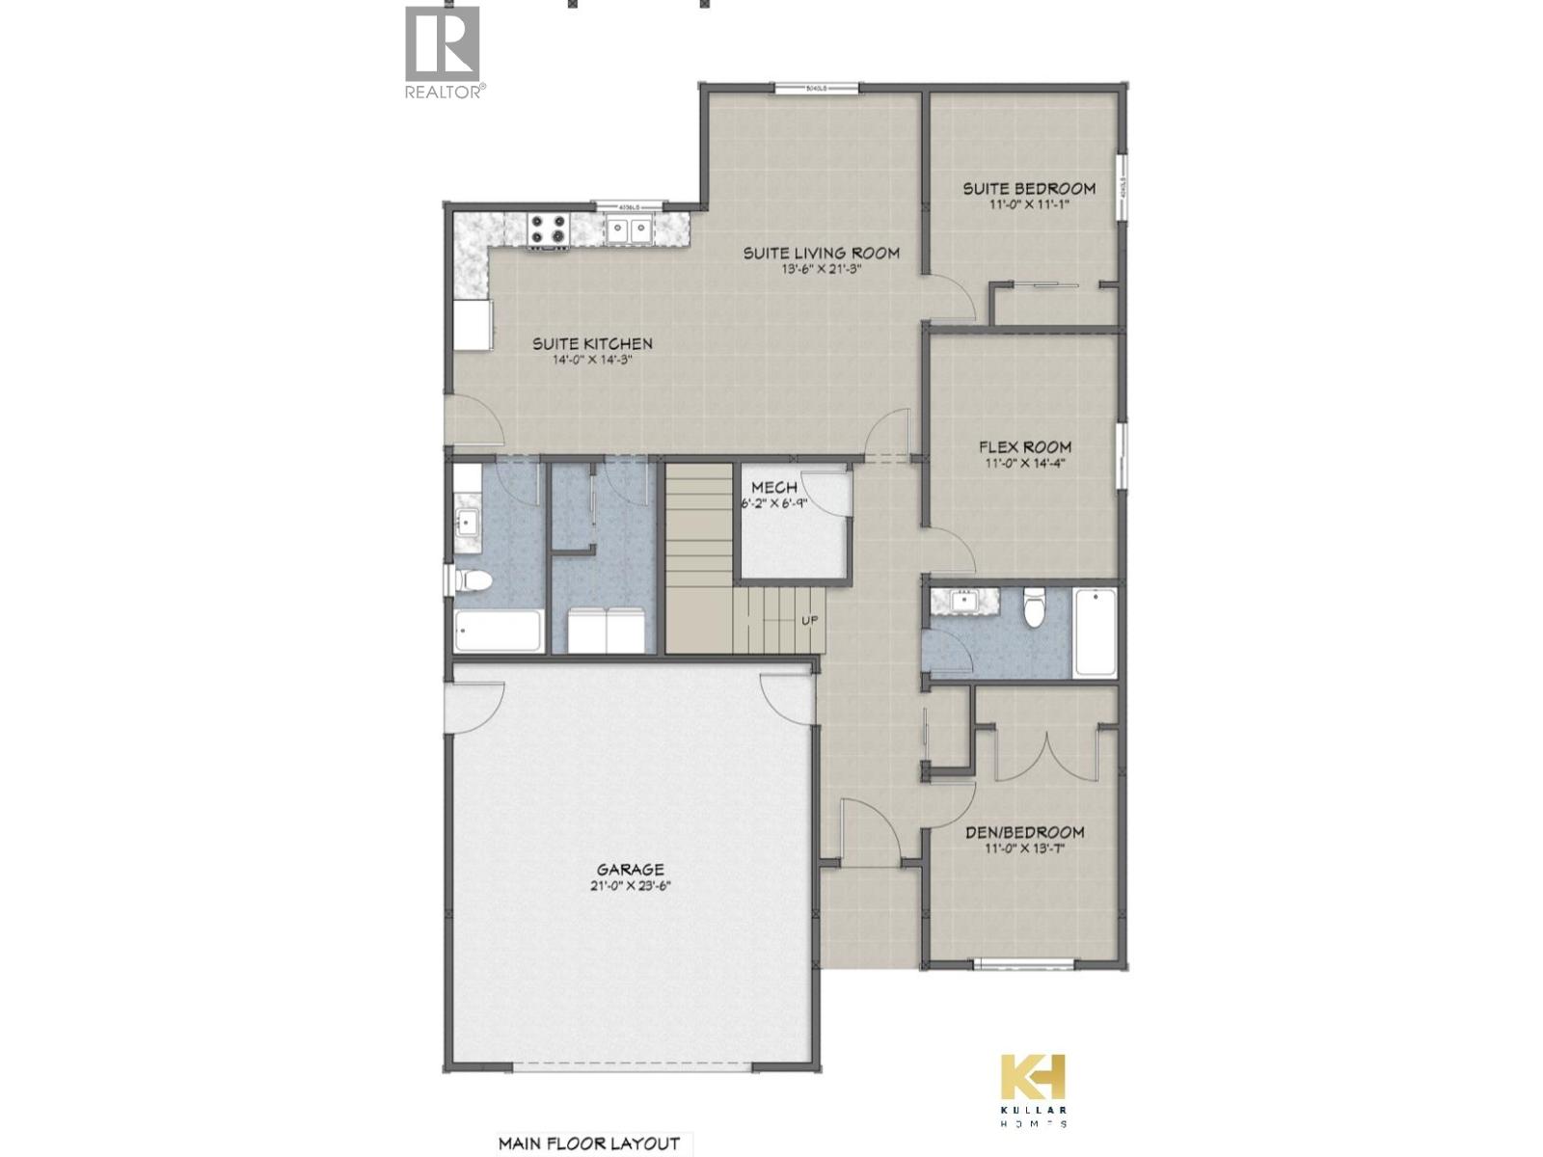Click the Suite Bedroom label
coord(1029,188)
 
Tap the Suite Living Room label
coord(821,253)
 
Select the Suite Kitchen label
coord(593,343)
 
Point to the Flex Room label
coord(1024,446)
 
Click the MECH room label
coord(774,487)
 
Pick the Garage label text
coord(630,869)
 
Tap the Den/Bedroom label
coord(1024,831)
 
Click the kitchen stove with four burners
coord(547,229)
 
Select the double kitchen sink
coord(628,229)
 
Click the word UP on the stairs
coord(809,620)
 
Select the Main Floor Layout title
coord(588,1144)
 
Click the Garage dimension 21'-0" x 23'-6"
coord(630,885)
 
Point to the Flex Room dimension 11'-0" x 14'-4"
coord(1024,463)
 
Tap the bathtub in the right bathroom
coord(1095,632)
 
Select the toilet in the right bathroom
coord(1035,606)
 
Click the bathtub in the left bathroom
coord(497,632)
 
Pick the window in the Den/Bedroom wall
coord(1022,963)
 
